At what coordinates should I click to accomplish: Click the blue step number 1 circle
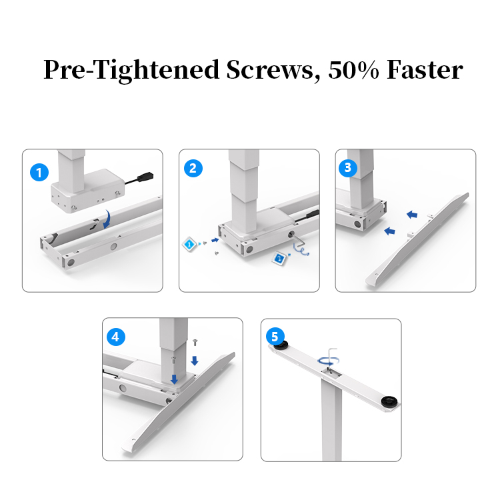pos(39,173)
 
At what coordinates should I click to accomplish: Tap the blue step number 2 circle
pos(193,168)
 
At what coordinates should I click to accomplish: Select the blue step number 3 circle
pos(347,168)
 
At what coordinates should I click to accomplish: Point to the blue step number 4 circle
pos(116,337)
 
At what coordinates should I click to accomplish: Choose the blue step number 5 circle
pos(274,335)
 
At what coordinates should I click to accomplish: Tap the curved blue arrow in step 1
pos(103,220)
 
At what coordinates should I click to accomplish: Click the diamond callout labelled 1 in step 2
pos(189,245)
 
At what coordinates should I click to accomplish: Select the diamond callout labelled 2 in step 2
pos(279,257)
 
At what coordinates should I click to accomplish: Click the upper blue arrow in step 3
pos(413,215)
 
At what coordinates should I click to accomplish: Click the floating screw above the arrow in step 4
pos(193,341)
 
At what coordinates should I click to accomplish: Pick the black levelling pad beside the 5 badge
pos(280,345)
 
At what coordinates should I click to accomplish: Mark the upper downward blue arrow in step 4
pos(193,360)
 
